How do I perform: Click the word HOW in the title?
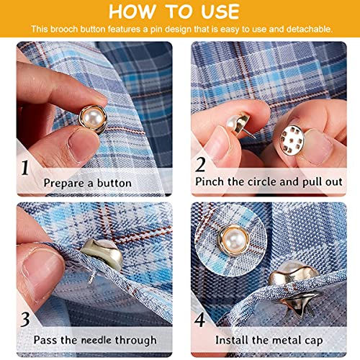coord(132,12)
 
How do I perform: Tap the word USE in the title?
coord(220,12)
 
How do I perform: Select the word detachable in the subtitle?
coord(310,30)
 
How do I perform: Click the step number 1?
coord(25,168)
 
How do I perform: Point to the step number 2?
coord(200,165)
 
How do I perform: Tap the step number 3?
coord(25,319)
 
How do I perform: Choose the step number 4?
coord(199,320)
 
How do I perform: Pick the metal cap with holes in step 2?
coord(292,140)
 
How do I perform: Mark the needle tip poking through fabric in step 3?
coord(89,283)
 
